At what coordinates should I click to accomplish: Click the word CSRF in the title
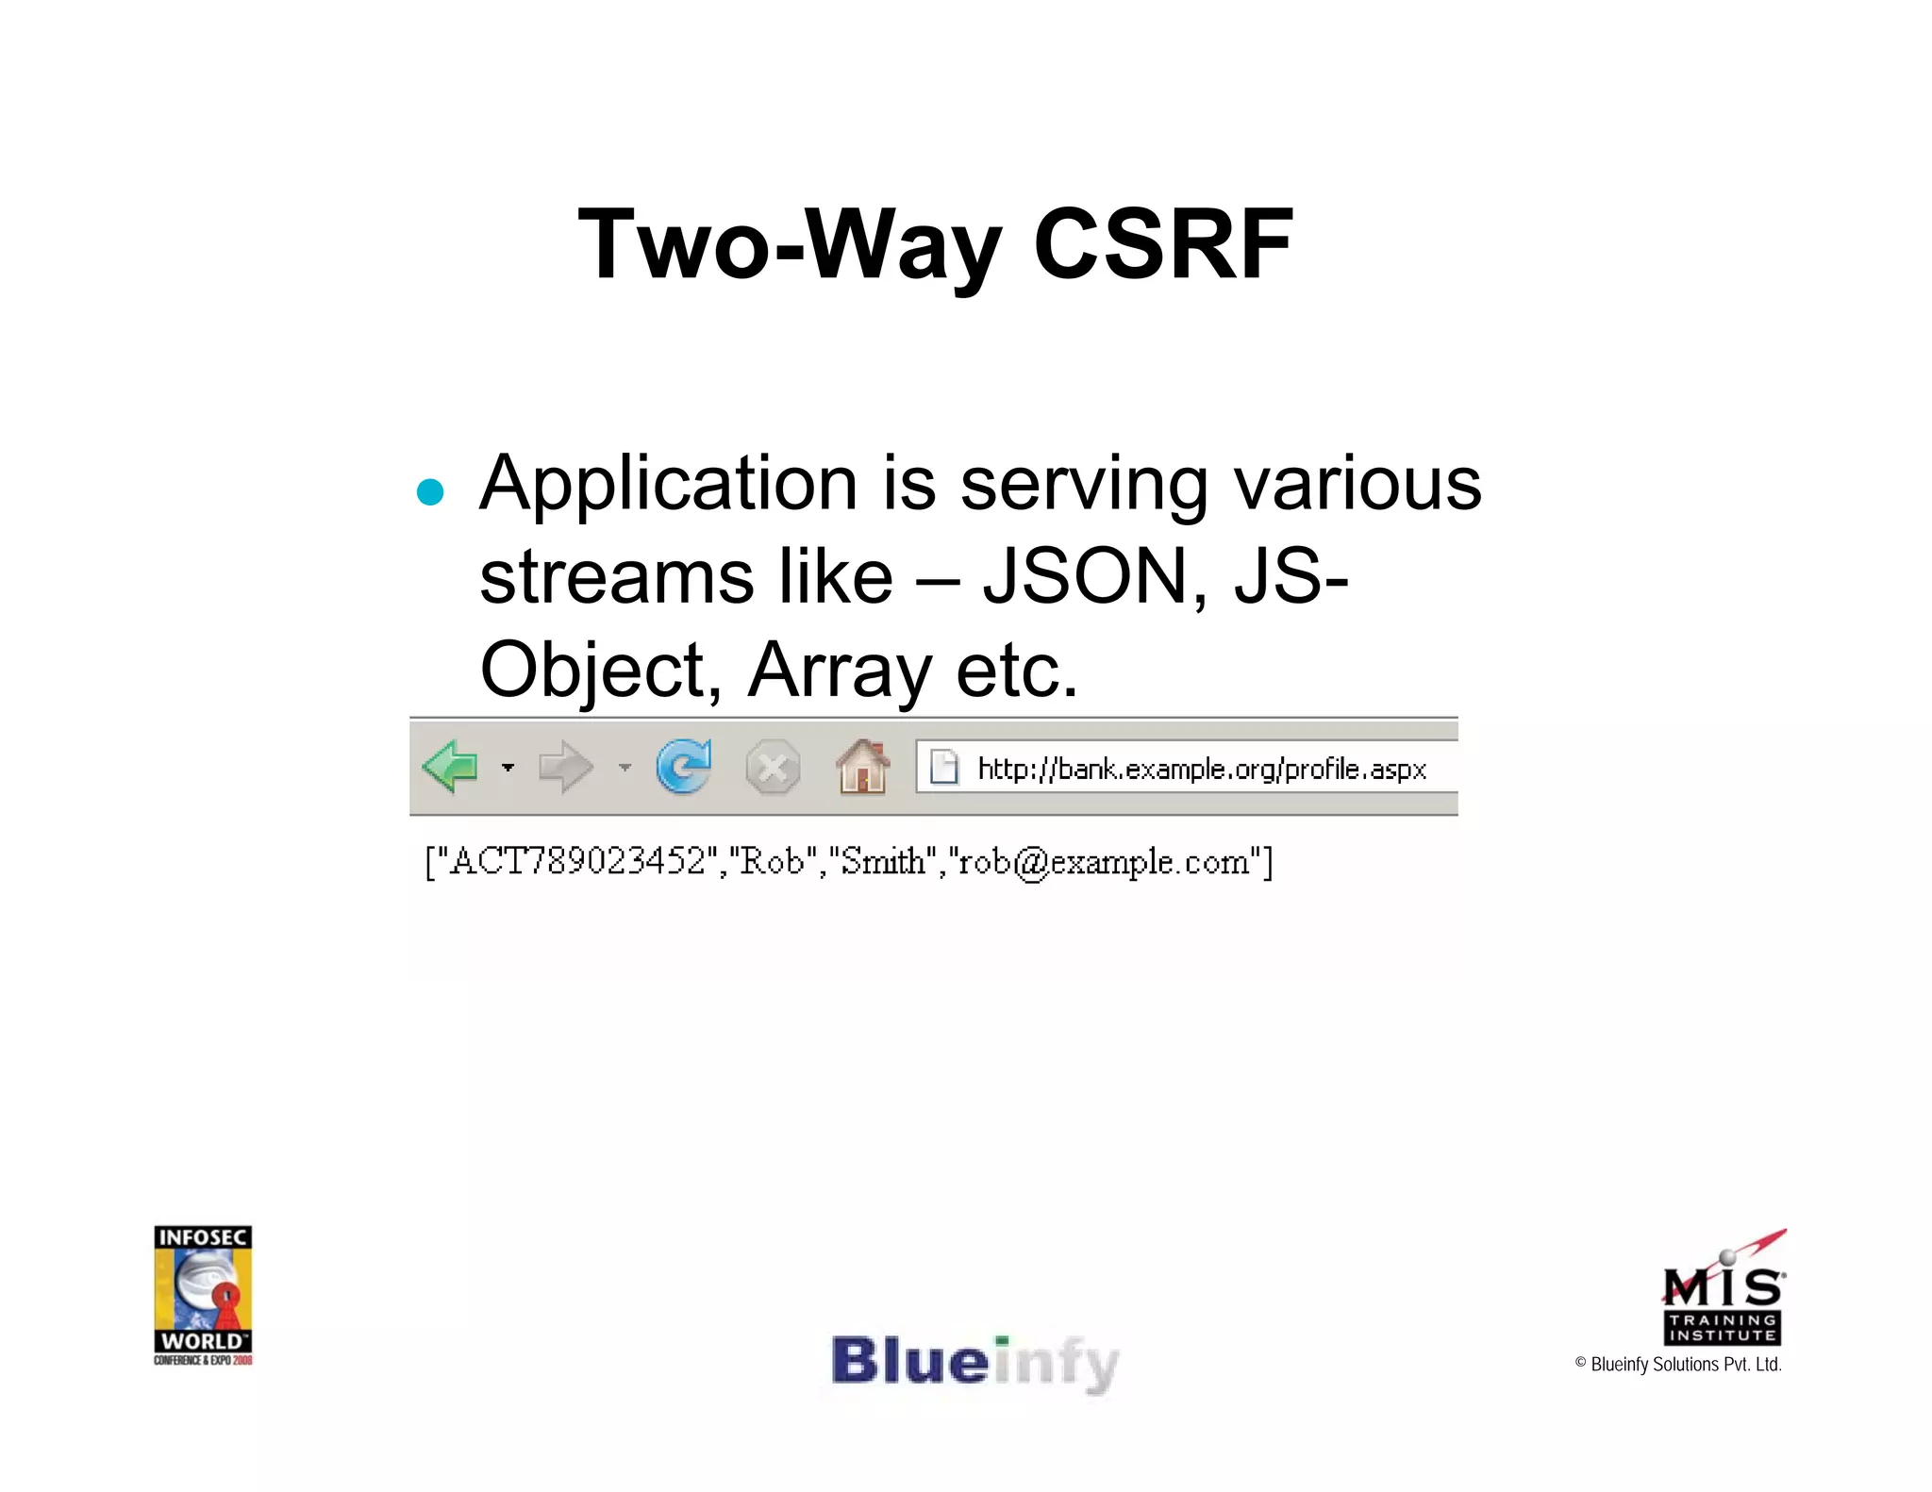pyautogui.click(x=1162, y=245)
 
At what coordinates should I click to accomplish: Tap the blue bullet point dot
pyautogui.click(x=430, y=492)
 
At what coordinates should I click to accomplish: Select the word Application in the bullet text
pyautogui.click(x=668, y=485)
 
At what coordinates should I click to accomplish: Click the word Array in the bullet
pyautogui.click(x=840, y=671)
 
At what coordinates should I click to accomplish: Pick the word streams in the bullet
pyautogui.click(x=616, y=576)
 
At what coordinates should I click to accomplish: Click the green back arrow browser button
pyautogui.click(x=451, y=766)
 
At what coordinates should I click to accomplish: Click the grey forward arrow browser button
pyautogui.click(x=565, y=767)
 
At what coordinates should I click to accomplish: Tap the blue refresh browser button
pyautogui.click(x=683, y=766)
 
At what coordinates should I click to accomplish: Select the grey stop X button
pyautogui.click(x=773, y=768)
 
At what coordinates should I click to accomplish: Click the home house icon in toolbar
pyautogui.click(x=862, y=767)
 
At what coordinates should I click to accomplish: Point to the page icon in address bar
pyautogui.click(x=943, y=767)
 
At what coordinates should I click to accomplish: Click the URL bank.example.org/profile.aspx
pyautogui.click(x=1201, y=769)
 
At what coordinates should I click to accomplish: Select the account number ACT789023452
pyautogui.click(x=576, y=861)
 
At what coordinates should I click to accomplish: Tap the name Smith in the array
pyautogui.click(x=883, y=861)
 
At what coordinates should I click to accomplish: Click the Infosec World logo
pyautogui.click(x=203, y=1294)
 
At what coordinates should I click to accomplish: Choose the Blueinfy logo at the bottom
pyautogui.click(x=974, y=1363)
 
